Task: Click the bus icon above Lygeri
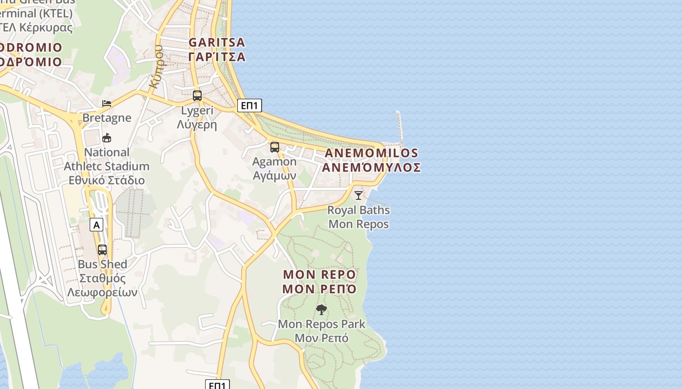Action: (197, 95)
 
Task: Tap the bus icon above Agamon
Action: (275, 147)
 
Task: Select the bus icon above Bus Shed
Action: (102, 250)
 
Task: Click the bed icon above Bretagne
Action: (107, 103)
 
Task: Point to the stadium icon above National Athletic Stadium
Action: (107, 138)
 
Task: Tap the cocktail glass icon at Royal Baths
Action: (359, 195)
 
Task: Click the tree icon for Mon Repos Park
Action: (321, 310)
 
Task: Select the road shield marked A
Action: (97, 225)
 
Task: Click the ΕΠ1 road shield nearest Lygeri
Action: (249, 106)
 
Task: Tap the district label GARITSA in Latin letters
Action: (217, 43)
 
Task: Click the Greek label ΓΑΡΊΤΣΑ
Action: (217, 57)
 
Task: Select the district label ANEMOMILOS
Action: (371, 153)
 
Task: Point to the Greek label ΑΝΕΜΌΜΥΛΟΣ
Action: (371, 168)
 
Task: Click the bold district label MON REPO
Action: (320, 275)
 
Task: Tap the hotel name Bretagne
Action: (107, 118)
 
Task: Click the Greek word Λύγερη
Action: (197, 124)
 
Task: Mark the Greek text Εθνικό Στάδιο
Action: (107, 180)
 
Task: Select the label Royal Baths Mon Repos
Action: (359, 217)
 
